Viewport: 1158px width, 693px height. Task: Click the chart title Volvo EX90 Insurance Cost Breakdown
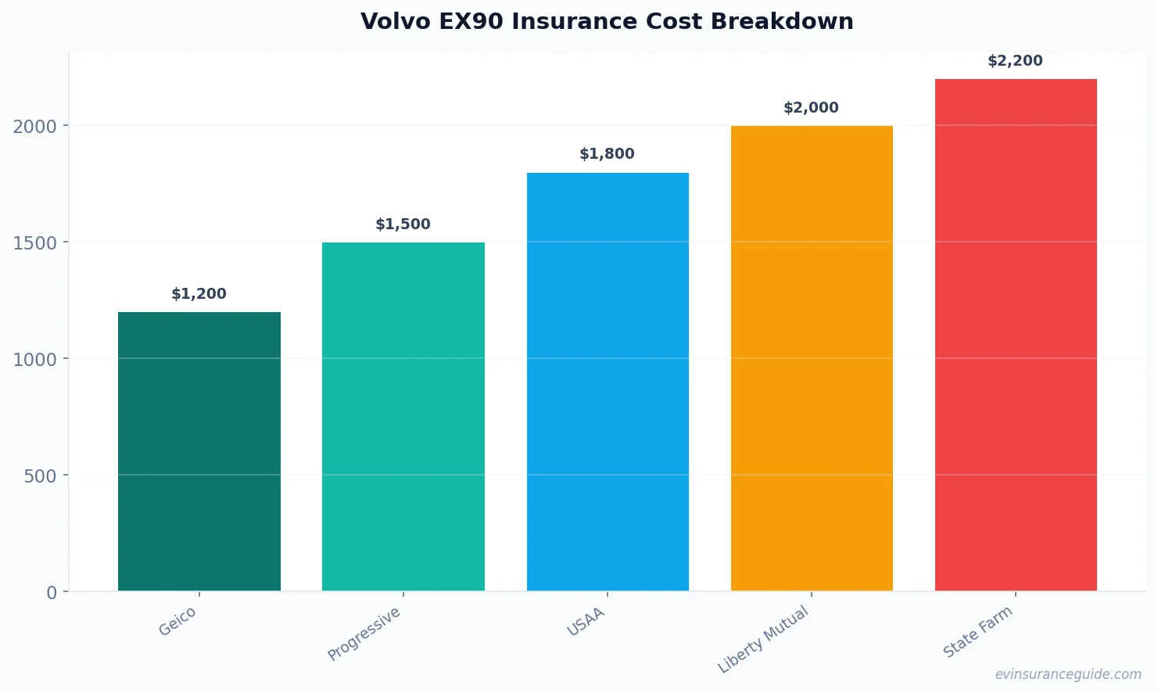(607, 22)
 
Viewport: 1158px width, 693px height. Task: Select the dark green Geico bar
(199, 451)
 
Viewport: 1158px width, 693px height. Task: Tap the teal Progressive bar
(403, 416)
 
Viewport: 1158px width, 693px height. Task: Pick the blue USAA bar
(608, 382)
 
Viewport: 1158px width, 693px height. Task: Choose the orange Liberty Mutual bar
(812, 358)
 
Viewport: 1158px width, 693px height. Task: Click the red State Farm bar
(1016, 335)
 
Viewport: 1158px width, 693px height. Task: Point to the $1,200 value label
(199, 294)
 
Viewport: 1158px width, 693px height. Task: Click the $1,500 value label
(403, 224)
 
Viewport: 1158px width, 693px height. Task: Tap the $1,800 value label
(607, 154)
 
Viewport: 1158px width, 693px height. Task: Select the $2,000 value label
(811, 108)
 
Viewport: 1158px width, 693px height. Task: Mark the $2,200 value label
(1015, 61)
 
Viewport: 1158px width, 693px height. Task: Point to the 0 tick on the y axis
(52, 593)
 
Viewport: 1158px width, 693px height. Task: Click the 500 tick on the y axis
(40, 476)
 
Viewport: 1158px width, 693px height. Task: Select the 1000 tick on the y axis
(34, 360)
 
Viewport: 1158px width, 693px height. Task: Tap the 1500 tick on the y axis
(34, 243)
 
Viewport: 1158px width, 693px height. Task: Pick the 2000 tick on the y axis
(34, 127)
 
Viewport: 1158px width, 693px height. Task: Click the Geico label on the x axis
(177, 622)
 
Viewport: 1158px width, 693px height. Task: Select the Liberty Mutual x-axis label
(763, 640)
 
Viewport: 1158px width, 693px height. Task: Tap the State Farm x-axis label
(977, 632)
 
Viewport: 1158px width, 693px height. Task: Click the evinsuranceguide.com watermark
(1068, 674)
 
